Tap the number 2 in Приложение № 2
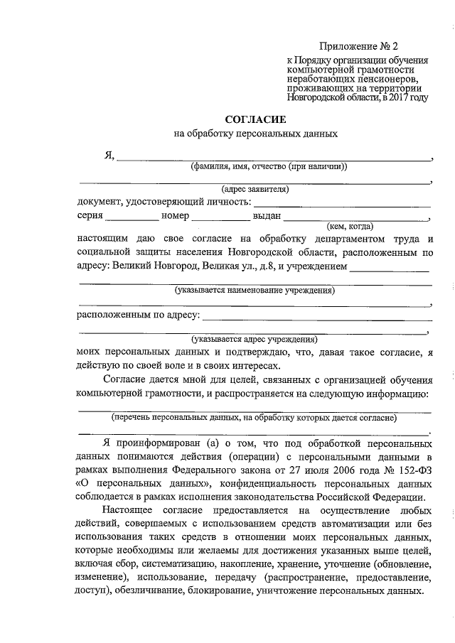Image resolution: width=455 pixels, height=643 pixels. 395,48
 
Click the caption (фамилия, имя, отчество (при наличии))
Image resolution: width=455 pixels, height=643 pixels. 268,167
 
